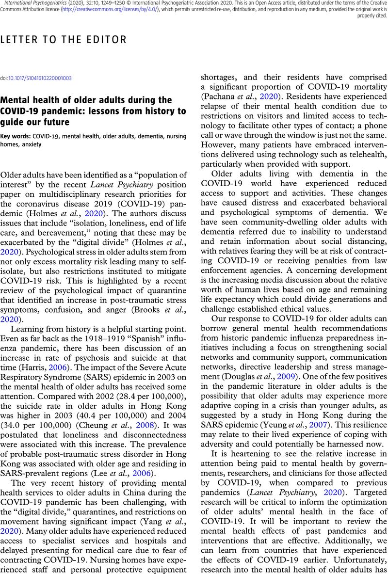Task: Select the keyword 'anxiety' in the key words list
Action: (33, 143)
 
